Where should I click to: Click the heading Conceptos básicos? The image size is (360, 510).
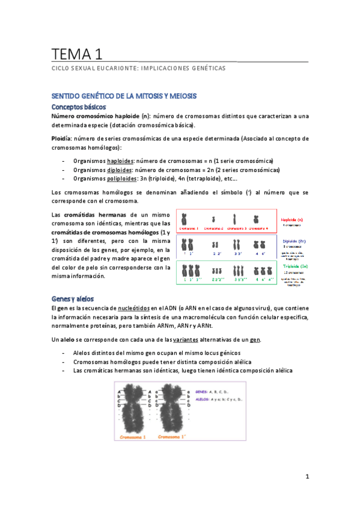pyautogui.click(x=80, y=106)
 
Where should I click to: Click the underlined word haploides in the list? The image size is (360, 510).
pyautogui.click(x=122, y=161)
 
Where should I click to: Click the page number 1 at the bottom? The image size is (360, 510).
pyautogui.click(x=307, y=478)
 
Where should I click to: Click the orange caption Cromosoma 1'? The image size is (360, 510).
pyautogui.click(x=172, y=437)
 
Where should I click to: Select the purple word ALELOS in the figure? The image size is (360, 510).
pyautogui.click(x=205, y=398)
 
